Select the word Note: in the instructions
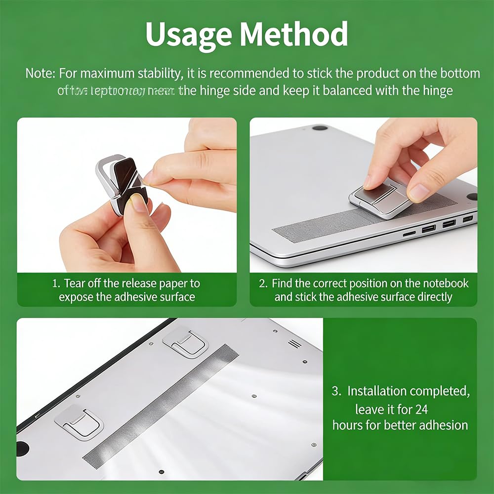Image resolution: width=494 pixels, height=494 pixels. [41, 74]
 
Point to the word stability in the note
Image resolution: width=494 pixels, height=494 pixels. [158, 74]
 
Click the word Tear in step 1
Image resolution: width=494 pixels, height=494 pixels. [75, 284]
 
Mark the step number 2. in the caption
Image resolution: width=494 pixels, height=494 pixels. [263, 284]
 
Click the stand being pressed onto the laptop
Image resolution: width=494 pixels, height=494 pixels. [380, 199]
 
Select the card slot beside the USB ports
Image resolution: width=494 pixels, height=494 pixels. [409, 233]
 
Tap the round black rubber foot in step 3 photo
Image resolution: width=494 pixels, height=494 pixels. [23, 448]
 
